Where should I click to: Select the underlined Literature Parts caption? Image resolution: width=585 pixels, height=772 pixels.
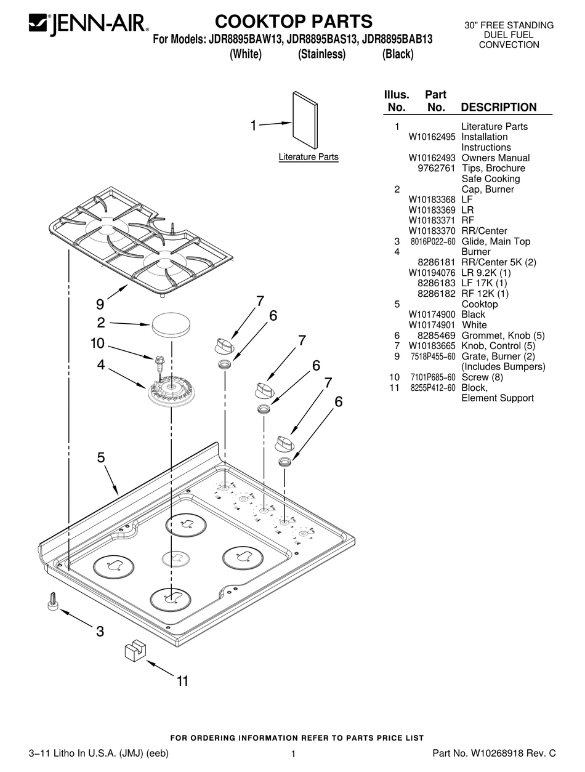(309, 157)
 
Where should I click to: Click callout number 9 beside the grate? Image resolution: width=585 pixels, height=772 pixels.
(100, 304)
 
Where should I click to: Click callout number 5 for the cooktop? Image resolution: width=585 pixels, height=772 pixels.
(100, 457)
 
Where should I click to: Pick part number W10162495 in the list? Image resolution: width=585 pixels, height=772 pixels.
(432, 137)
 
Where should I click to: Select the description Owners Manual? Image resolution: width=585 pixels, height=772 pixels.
(495, 158)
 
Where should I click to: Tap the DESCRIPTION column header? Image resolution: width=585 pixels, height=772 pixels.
(498, 107)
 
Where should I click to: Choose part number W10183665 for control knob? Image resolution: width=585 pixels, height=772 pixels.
(432, 346)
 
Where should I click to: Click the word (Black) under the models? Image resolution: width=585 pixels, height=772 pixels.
(397, 54)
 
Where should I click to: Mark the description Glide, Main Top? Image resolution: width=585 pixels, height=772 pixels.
(496, 241)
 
